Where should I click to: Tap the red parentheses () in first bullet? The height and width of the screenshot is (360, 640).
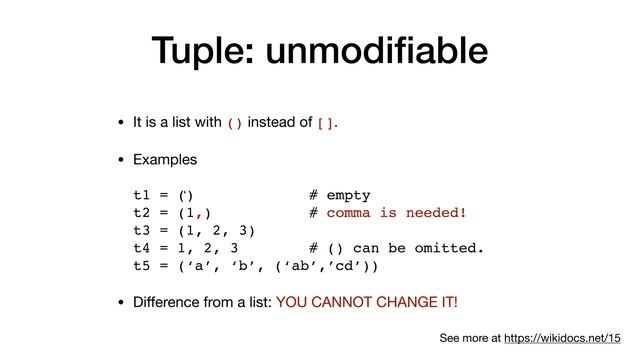[x=235, y=124]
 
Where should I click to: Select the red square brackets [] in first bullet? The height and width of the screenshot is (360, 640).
[x=326, y=124]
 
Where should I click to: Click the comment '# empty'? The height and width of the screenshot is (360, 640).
[x=340, y=195]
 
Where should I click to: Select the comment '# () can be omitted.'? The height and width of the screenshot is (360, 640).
[x=397, y=249]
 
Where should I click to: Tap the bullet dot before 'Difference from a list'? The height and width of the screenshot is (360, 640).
[x=121, y=302]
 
